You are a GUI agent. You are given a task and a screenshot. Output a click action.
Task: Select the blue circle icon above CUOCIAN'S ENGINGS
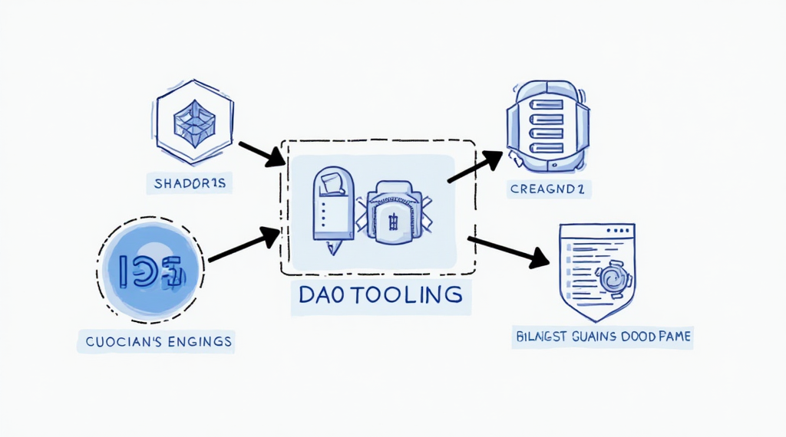coord(150,270)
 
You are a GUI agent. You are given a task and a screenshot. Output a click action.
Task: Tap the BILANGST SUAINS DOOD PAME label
coord(601,336)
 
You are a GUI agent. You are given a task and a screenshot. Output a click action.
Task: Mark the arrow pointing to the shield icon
coord(508,251)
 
